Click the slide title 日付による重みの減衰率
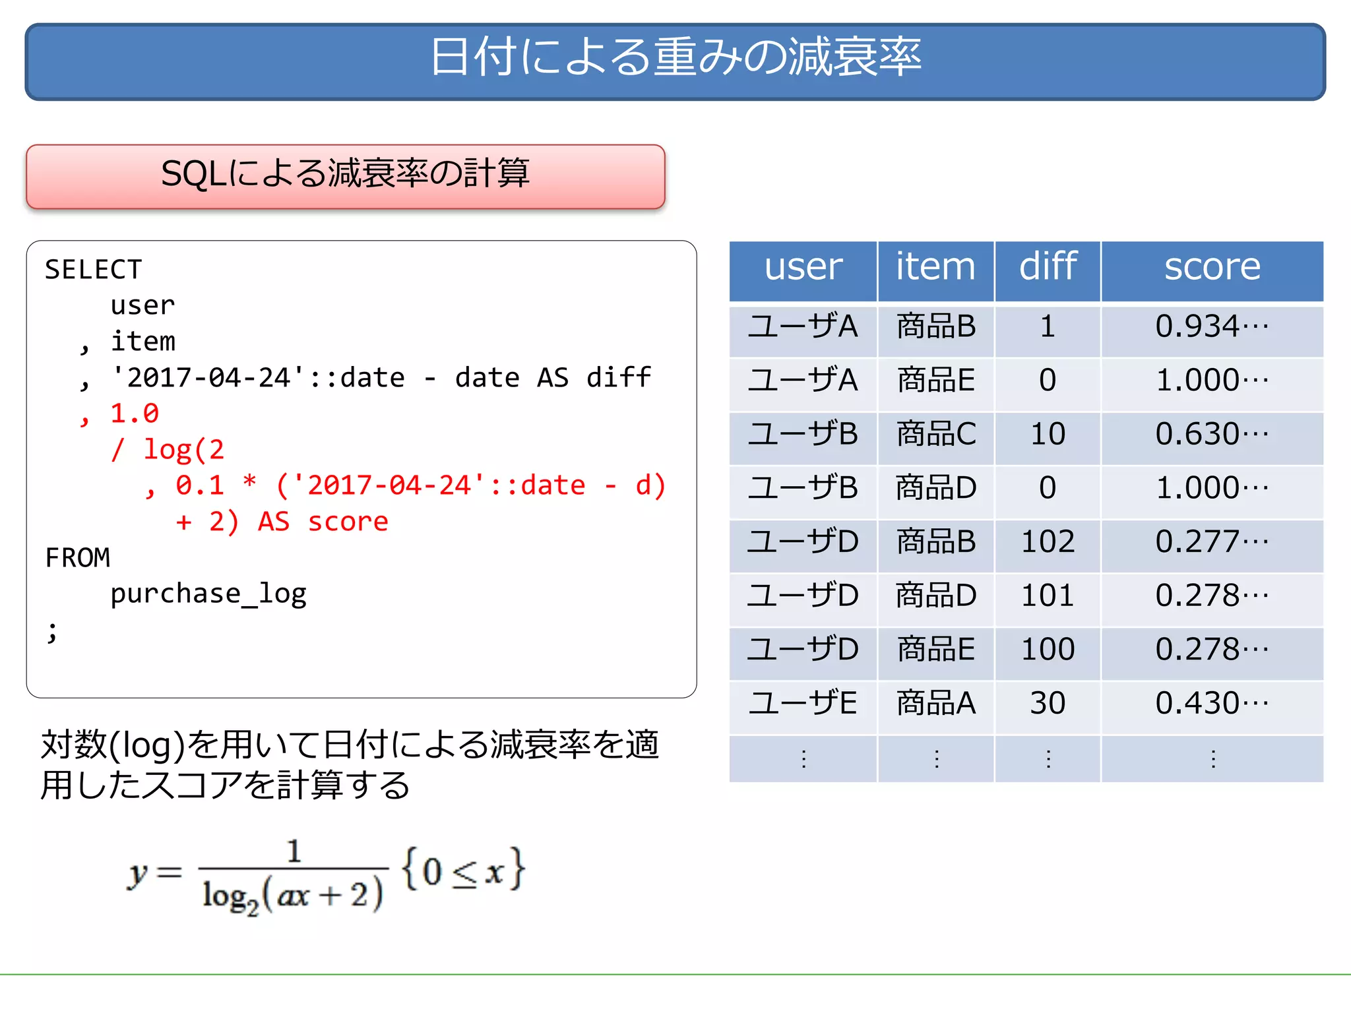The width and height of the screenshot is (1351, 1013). click(x=675, y=58)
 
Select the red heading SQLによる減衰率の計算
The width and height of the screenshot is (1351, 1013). click(x=345, y=174)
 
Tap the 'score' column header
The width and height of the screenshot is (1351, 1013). click(x=1212, y=267)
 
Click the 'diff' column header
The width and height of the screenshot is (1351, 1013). click(x=1048, y=267)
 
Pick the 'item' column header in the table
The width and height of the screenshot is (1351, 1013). click(x=935, y=267)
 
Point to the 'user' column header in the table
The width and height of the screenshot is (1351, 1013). click(x=803, y=267)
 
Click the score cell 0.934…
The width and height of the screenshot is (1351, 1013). click(x=1212, y=326)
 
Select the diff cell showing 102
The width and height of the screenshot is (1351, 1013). click(x=1048, y=541)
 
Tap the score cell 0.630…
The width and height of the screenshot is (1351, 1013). click(x=1212, y=434)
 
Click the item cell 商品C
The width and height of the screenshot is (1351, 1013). click(x=935, y=434)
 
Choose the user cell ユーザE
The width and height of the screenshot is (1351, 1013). click(x=803, y=703)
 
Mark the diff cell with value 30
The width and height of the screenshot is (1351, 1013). click(x=1048, y=703)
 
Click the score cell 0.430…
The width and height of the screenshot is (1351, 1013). click(x=1212, y=703)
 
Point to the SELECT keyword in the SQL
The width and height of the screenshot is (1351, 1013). click(x=93, y=270)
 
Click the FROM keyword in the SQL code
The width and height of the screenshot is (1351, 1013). click(x=77, y=558)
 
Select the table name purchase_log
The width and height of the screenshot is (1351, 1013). click(x=208, y=594)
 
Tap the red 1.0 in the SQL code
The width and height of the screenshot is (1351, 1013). click(x=134, y=414)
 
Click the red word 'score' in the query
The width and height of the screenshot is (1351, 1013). click(x=348, y=522)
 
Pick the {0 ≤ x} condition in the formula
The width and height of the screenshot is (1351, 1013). click(x=464, y=871)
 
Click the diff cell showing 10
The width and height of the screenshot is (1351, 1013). click(x=1048, y=434)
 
